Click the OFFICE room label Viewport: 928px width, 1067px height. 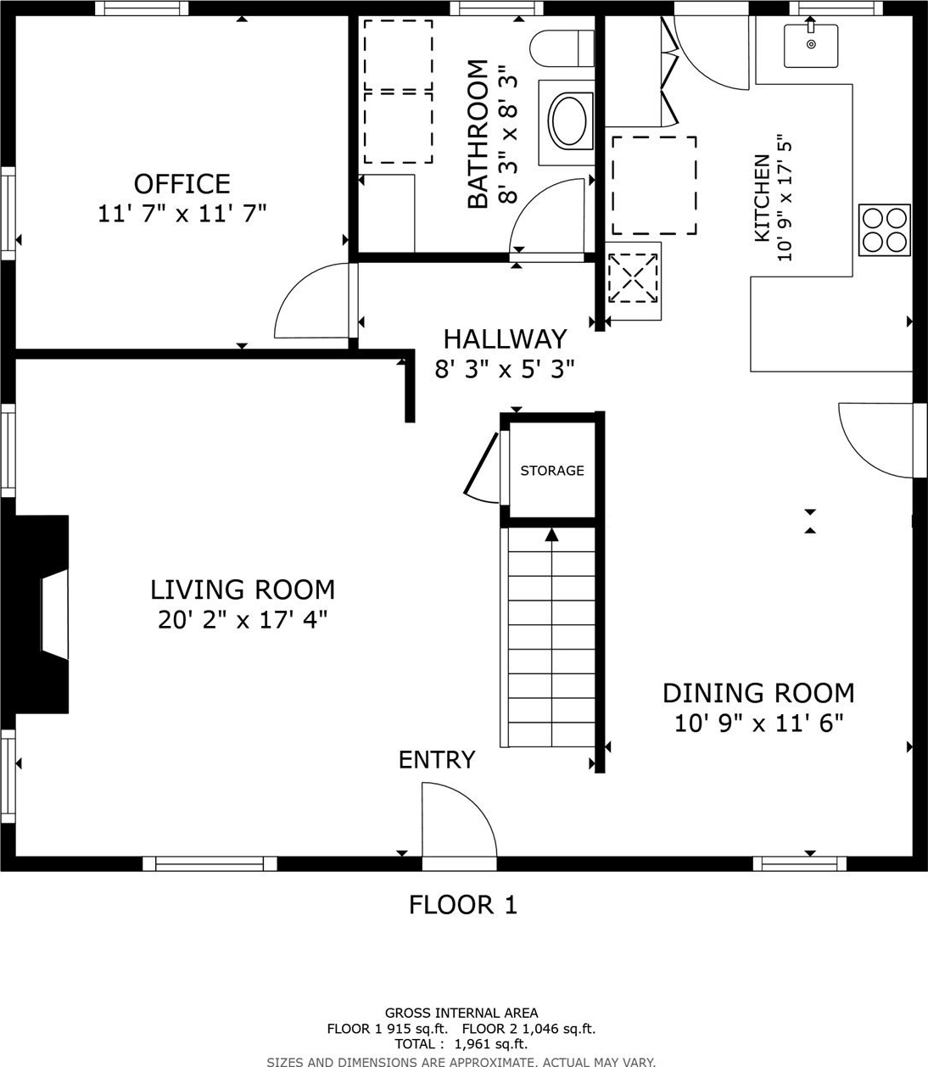tap(182, 184)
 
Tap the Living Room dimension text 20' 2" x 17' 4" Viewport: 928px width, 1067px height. tap(243, 621)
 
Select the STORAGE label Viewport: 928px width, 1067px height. tap(552, 471)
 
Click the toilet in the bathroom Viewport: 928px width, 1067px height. tap(562, 48)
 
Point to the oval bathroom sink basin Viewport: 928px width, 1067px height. tap(570, 121)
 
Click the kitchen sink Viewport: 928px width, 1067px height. tap(811, 45)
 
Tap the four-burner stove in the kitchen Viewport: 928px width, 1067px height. tap(884, 230)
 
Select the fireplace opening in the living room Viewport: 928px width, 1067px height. tap(55, 614)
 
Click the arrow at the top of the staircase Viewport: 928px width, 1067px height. tap(551, 534)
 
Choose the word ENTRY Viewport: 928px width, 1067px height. tap(437, 760)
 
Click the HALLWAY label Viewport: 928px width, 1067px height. tap(505, 339)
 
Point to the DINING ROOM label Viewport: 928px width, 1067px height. tap(758, 694)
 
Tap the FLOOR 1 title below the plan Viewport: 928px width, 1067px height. tap(463, 905)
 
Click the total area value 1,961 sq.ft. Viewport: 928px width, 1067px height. tap(490, 1043)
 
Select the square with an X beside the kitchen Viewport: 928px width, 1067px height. tap(633, 277)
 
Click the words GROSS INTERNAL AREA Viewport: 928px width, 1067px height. tap(461, 1013)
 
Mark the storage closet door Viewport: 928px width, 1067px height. tap(483, 468)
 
